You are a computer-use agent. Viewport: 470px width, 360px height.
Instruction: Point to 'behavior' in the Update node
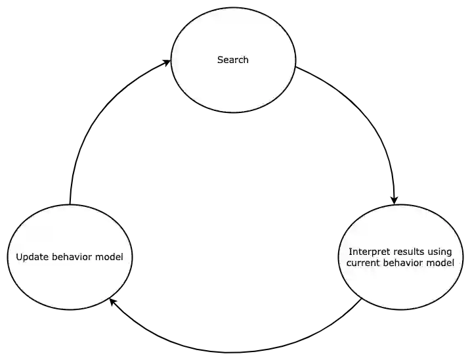coord(70,257)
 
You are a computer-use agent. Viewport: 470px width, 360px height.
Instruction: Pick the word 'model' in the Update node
coord(110,257)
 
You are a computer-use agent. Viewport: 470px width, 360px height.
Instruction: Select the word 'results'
coord(408,252)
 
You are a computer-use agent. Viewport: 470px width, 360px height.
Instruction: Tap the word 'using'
coord(440,252)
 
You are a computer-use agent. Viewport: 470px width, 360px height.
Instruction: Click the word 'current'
coord(362,263)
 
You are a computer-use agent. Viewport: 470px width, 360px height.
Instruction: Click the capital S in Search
coord(220,60)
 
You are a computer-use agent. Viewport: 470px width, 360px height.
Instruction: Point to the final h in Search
coord(246,60)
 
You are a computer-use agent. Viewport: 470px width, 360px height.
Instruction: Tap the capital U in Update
coord(19,257)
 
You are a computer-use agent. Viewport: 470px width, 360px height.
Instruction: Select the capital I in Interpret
coord(350,252)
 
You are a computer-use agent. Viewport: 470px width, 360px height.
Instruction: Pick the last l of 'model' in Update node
coord(121,257)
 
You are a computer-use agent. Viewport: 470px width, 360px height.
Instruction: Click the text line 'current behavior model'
coord(400,263)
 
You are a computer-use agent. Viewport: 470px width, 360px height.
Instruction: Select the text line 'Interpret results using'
coord(400,252)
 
